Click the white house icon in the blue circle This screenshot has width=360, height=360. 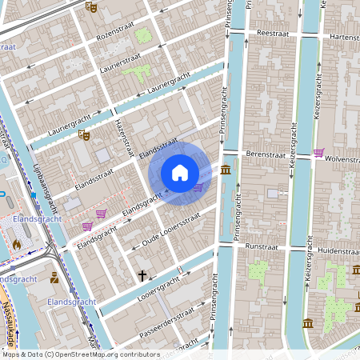(x=180, y=172)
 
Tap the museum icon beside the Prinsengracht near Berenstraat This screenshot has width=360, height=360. (x=226, y=170)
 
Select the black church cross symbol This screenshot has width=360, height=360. (x=142, y=276)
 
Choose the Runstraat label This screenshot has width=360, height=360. (x=262, y=247)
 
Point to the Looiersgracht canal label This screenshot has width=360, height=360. (x=148, y=293)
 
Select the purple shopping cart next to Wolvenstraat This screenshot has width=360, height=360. (x=318, y=152)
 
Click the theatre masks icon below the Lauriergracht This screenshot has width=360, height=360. (x=82, y=135)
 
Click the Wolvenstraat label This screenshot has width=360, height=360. (x=342, y=159)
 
